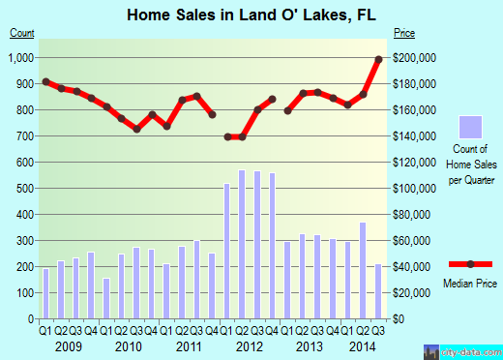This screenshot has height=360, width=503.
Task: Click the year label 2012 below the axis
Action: click(x=250, y=345)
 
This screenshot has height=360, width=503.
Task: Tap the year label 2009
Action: click(x=68, y=345)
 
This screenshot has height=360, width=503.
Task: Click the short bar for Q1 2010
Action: click(x=106, y=298)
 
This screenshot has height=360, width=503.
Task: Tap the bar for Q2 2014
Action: click(x=363, y=270)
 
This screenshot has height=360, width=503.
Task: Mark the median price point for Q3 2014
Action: click(x=378, y=59)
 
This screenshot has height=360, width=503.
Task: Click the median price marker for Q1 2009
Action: click(x=45, y=81)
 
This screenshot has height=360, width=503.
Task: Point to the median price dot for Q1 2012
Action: click(x=227, y=136)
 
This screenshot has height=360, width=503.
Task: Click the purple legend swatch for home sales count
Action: click(x=471, y=128)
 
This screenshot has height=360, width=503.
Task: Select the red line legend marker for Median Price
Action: click(x=471, y=264)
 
